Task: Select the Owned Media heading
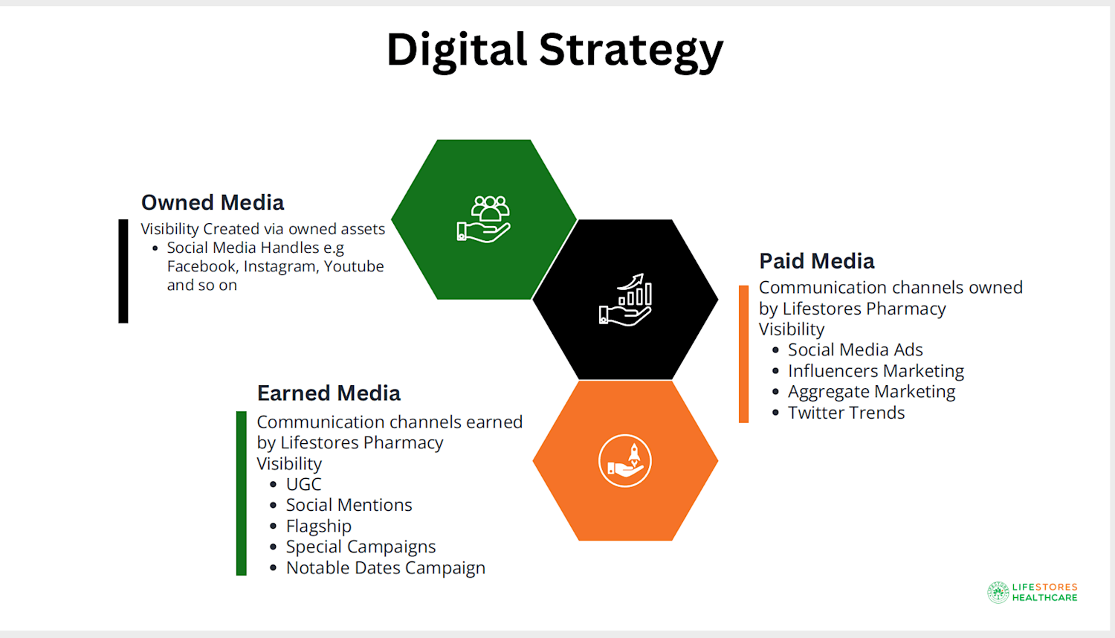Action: click(213, 202)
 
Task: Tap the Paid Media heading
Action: click(817, 261)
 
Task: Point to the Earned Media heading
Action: click(329, 393)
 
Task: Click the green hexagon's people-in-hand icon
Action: click(484, 219)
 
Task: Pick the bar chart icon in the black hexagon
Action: click(626, 300)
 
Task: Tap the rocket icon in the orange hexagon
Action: click(625, 461)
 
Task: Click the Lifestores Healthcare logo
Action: click(1032, 592)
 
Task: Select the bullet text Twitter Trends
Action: click(846, 413)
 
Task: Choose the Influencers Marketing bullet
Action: click(876, 371)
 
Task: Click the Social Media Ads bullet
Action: click(855, 349)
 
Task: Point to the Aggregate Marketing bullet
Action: click(872, 392)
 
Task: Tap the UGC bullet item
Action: click(303, 484)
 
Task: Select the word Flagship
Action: click(319, 526)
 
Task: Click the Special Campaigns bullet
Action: click(361, 547)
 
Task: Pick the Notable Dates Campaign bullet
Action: click(386, 568)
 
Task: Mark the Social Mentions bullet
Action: click(349, 505)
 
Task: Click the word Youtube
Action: click(354, 266)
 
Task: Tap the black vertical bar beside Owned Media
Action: click(123, 271)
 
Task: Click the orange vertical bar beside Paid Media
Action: click(743, 354)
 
